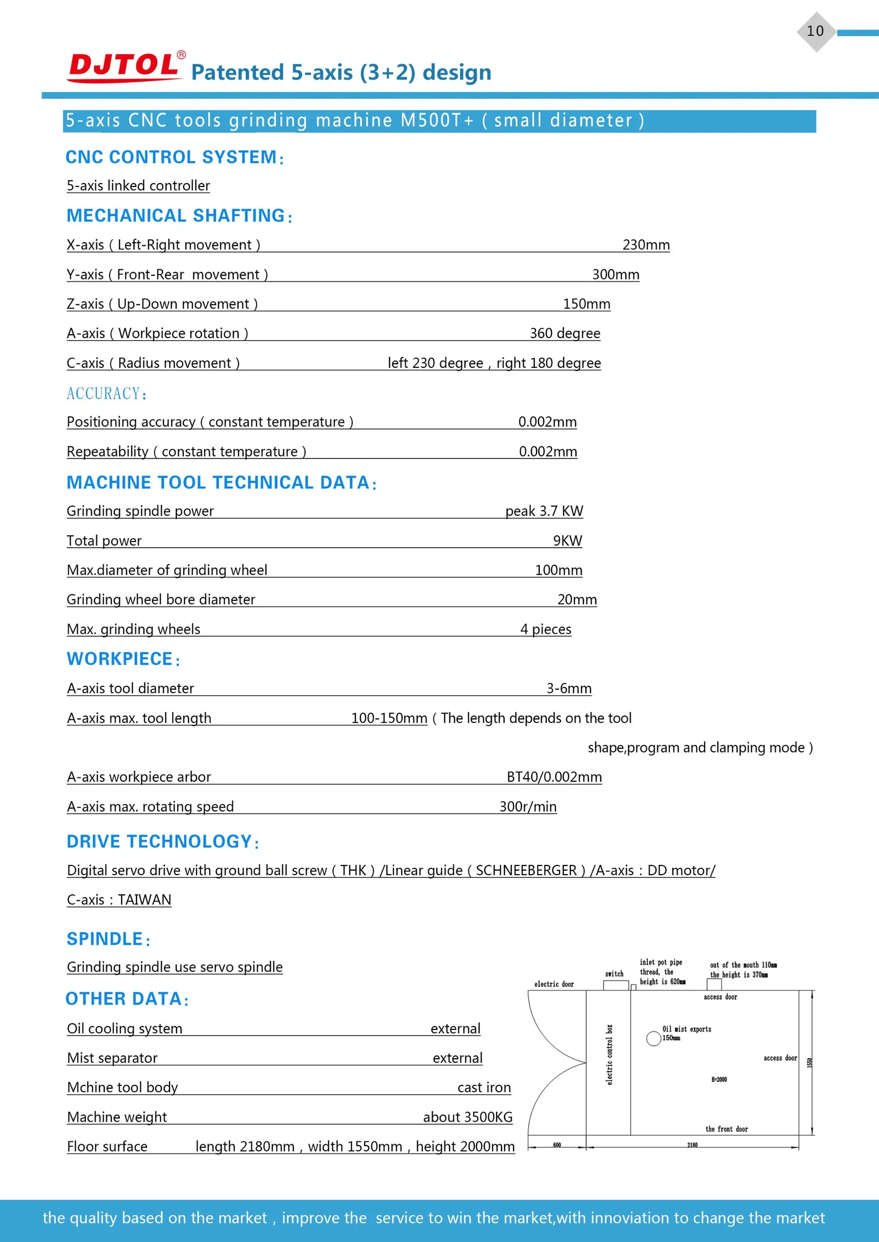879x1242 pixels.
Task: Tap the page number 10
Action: (x=815, y=31)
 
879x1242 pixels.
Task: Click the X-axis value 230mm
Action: (x=646, y=245)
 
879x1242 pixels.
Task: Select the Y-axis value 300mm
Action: (x=615, y=275)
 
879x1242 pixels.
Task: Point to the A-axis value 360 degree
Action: (x=564, y=333)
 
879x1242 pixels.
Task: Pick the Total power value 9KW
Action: (x=567, y=541)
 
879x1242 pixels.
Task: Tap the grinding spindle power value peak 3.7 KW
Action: (x=544, y=511)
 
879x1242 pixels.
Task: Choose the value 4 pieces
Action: (x=546, y=629)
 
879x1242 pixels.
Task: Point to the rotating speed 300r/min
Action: (x=528, y=807)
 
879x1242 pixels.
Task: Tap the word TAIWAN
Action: (x=144, y=900)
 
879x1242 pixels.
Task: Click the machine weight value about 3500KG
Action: (x=467, y=1117)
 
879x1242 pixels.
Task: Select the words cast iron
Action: (x=484, y=1088)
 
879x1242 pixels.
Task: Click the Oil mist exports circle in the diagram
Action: (x=653, y=1038)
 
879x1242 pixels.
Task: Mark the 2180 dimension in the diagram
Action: (x=692, y=1145)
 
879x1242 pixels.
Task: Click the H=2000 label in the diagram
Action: (x=719, y=1080)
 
